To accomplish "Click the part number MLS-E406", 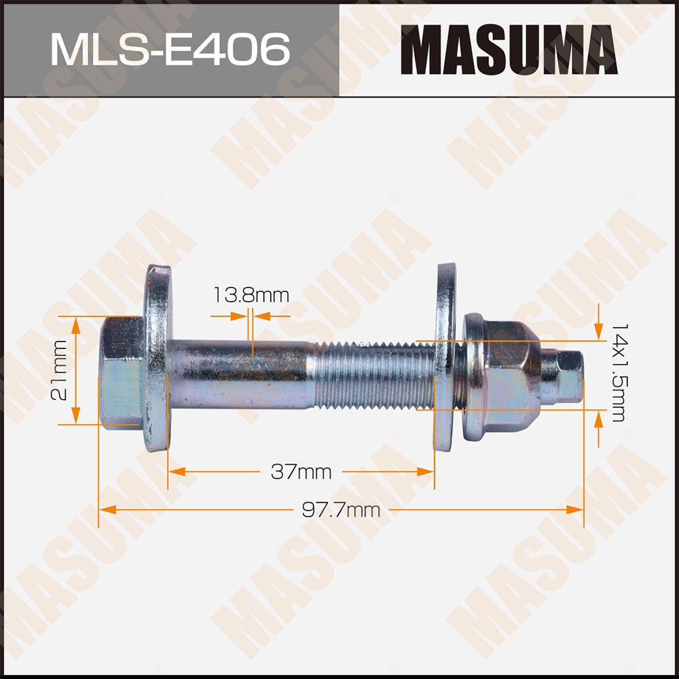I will (x=170, y=49).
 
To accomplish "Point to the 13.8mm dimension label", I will (x=251, y=295).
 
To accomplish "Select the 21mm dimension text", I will (x=60, y=371).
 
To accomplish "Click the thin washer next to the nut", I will (x=445, y=356).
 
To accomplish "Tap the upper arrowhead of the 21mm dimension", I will (x=76, y=323).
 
